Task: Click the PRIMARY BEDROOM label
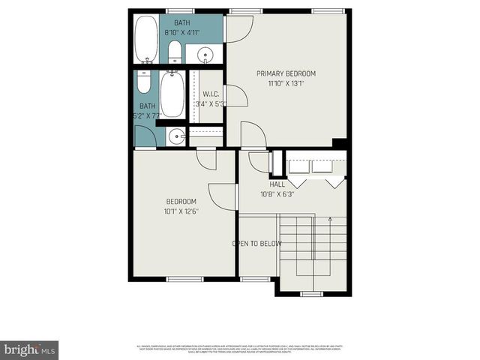pos(286,73)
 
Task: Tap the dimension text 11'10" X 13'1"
pos(286,84)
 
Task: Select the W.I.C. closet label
pos(211,94)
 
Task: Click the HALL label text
pos(277,184)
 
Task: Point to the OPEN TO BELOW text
pos(256,244)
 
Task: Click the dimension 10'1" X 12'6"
pos(181,212)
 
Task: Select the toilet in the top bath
pos(174,51)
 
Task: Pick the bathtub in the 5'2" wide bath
pos(172,95)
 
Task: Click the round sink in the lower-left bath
pos(175,136)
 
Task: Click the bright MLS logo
pos(30,349)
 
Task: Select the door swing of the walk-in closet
pos(234,95)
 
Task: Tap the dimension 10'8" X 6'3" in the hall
pos(278,194)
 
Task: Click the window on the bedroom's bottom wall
pos(184,279)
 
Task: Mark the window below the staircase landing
pos(310,292)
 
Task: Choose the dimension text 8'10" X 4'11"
pos(182,33)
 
